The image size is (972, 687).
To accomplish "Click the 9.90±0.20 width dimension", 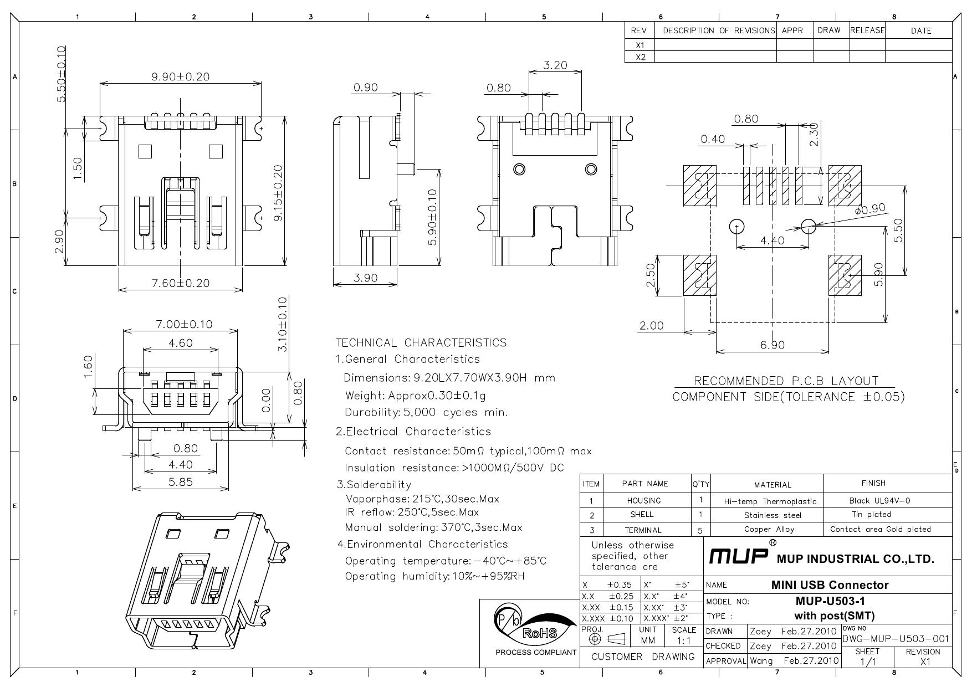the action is (181, 76).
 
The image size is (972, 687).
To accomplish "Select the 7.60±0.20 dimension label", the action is (181, 283).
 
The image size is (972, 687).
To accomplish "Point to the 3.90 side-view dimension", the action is (365, 278).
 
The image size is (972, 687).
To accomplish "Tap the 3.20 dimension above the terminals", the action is (555, 65).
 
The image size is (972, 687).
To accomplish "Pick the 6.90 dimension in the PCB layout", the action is (773, 345).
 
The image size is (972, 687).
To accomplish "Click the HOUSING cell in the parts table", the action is (644, 501).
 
